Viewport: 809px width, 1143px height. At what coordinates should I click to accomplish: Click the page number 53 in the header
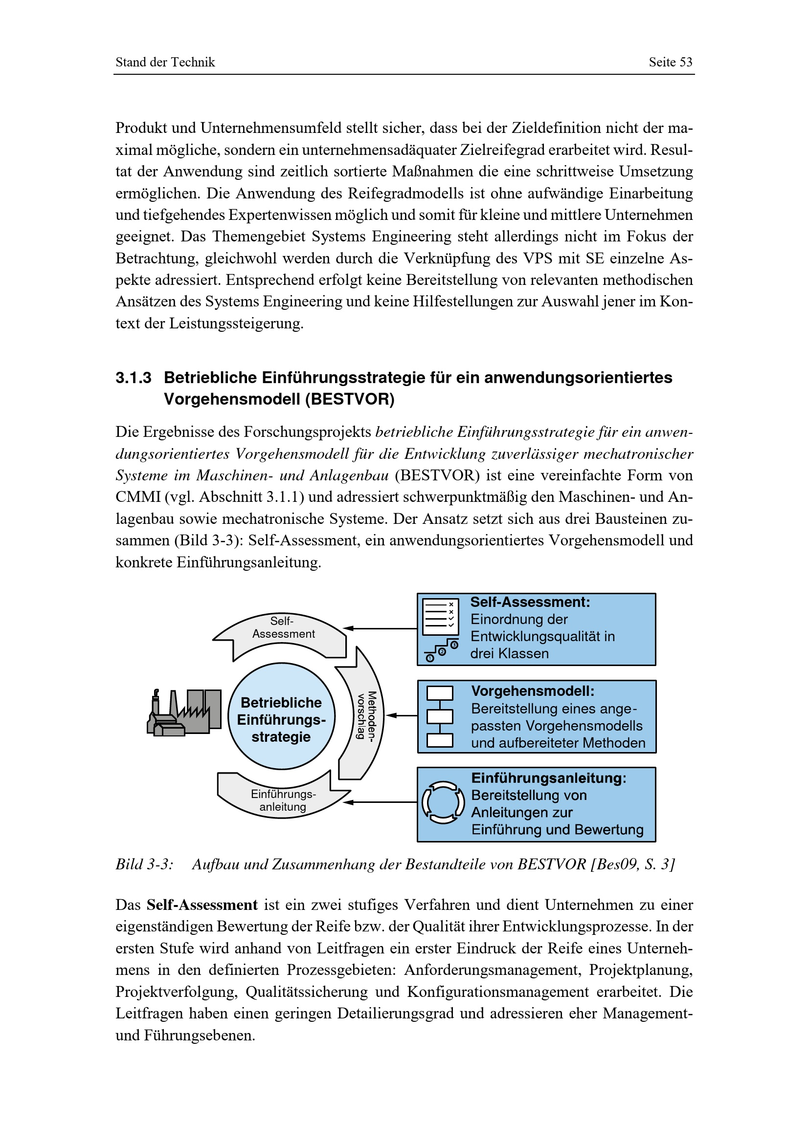pos(685,62)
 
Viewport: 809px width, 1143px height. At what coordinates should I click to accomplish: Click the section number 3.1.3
pos(133,378)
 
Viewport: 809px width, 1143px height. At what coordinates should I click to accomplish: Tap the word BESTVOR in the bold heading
pos(349,399)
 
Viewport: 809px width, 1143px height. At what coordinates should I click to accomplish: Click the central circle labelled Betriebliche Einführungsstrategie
pos(281,716)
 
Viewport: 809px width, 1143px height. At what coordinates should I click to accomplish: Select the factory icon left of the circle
pos(184,712)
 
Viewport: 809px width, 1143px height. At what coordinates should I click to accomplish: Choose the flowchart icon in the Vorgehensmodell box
pos(440,716)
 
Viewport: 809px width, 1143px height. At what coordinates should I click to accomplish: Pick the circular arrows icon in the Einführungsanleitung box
pos(443,802)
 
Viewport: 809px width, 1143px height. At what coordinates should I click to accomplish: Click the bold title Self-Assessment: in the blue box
pos(530,603)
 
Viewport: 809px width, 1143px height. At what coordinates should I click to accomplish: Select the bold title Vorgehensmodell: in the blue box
pos(533,691)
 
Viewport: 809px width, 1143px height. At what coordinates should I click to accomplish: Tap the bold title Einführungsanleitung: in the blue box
pos(548,778)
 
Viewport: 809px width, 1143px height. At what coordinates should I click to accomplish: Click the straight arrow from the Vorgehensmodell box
pos(402,715)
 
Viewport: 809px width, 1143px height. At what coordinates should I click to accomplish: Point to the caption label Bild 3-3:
pos(144,864)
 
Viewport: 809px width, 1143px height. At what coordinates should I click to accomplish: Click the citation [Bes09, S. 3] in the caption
pos(632,864)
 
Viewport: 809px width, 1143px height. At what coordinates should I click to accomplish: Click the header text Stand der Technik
pos(165,62)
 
